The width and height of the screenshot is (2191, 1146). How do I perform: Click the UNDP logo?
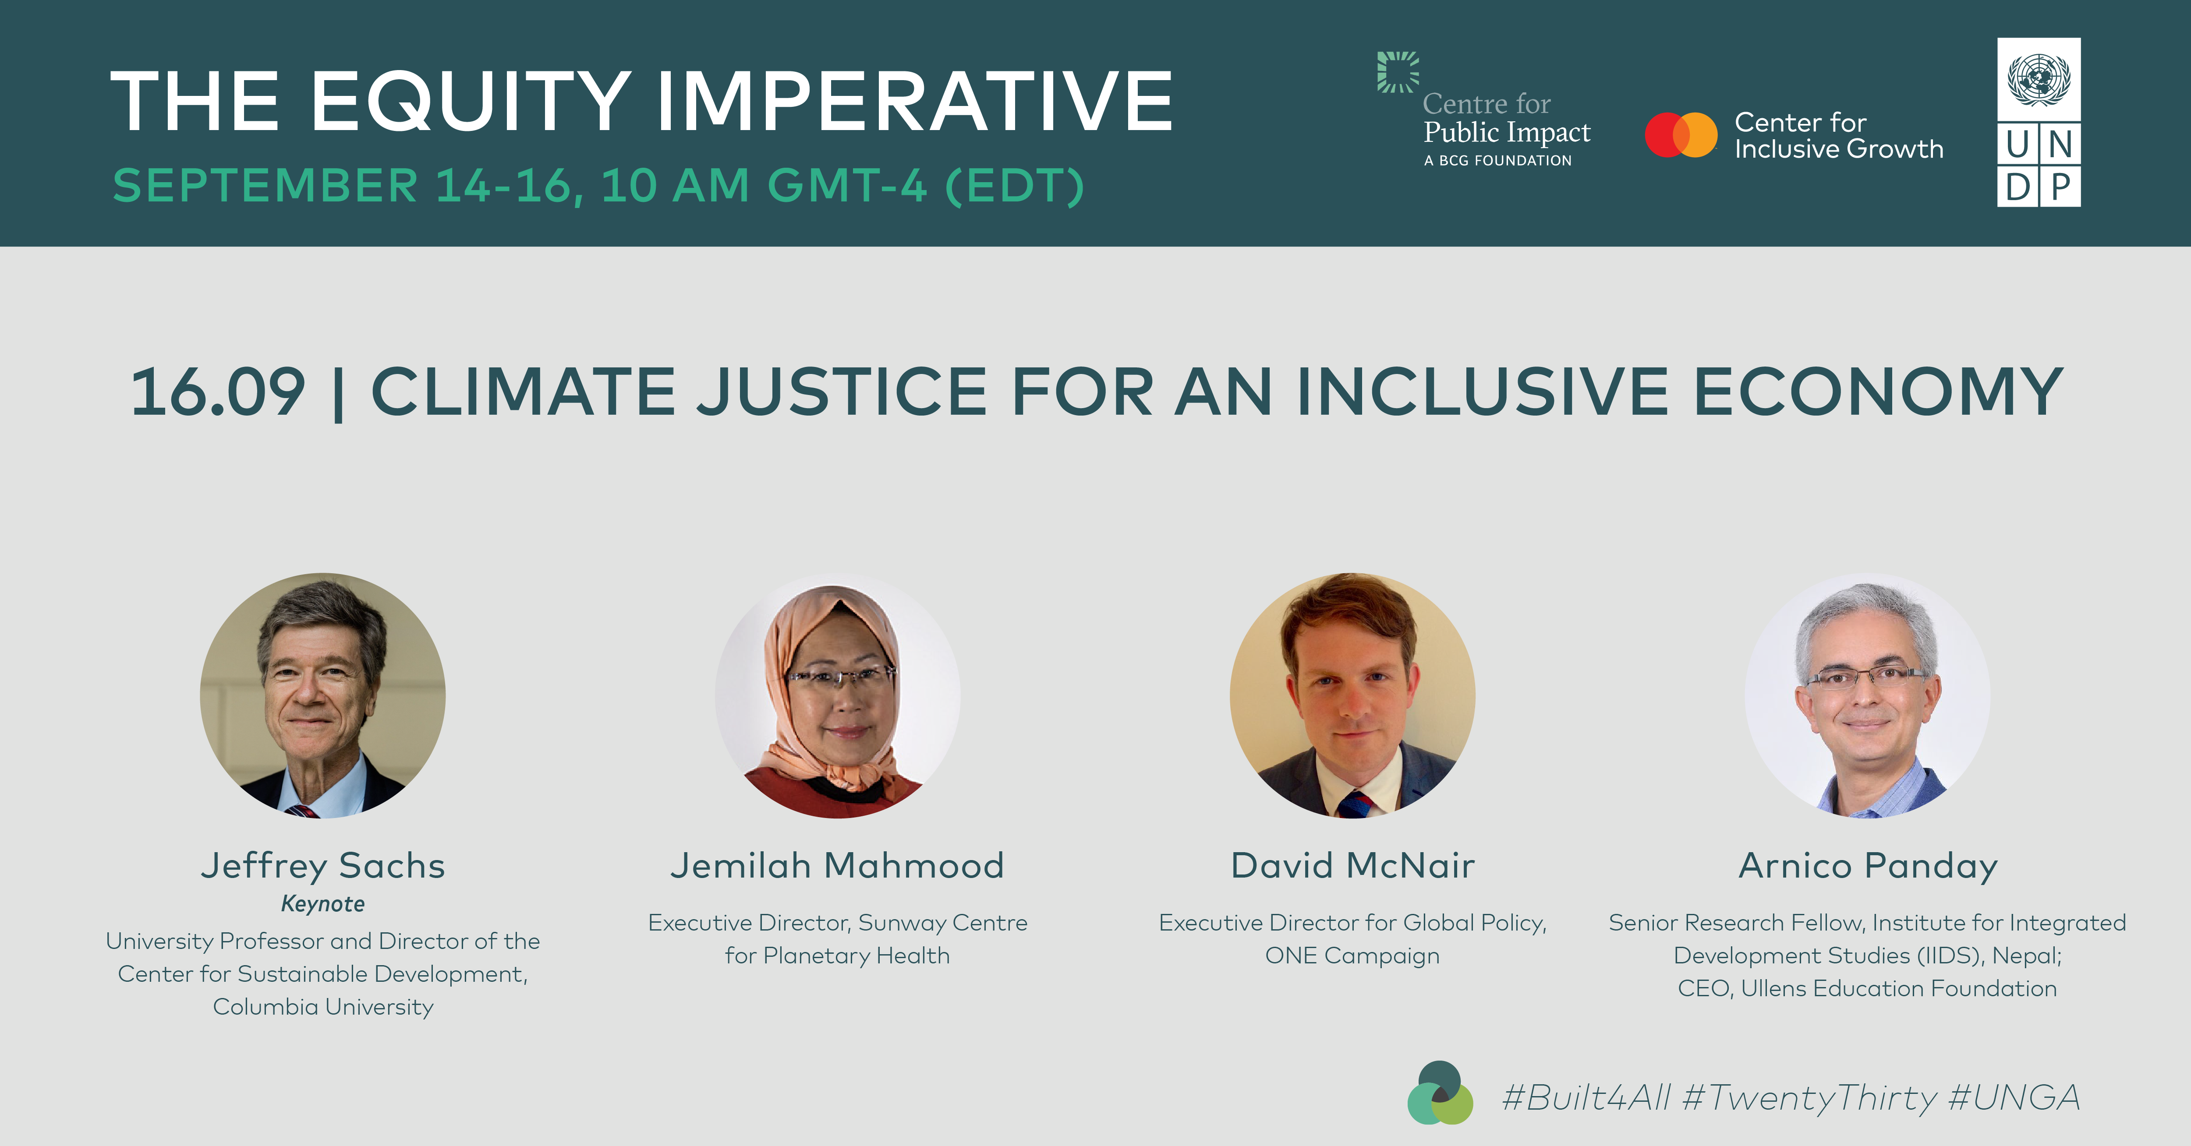pos(2038,123)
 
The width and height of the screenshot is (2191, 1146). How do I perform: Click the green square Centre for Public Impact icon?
pos(1398,72)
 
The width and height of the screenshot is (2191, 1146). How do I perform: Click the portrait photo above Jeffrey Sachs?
pos(322,695)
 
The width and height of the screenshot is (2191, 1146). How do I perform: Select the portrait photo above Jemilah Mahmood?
pos(838,695)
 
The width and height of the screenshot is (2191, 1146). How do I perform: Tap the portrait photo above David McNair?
pos(1352,695)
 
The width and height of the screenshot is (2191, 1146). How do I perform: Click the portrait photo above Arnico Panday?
pos(1868,695)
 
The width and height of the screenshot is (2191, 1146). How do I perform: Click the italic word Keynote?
pos(323,904)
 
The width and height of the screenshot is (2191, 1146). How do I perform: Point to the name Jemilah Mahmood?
pos(838,865)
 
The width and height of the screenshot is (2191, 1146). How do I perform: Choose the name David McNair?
pos(1352,865)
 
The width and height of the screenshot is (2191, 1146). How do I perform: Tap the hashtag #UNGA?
pos(2014,1097)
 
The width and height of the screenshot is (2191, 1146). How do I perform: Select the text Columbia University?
pos(323,1007)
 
